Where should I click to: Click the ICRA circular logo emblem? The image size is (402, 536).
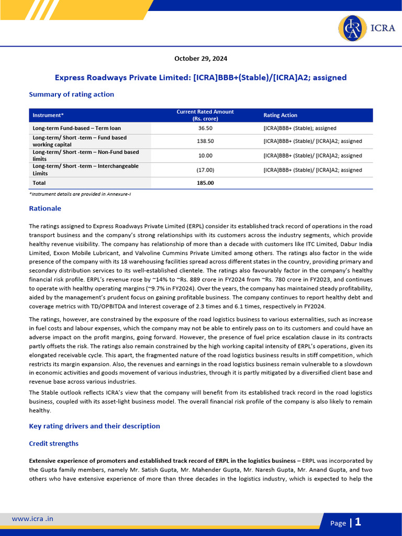[x=352, y=28]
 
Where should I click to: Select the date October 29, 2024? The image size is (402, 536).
[x=201, y=59]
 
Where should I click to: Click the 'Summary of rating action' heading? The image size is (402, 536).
[x=71, y=94]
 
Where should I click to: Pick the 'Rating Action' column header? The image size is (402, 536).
[x=280, y=115]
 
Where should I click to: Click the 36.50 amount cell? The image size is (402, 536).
[x=205, y=128]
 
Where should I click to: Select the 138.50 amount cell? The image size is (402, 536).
[x=205, y=141]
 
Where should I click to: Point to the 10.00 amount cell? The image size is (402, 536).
[x=205, y=155]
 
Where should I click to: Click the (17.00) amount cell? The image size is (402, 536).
[x=205, y=170]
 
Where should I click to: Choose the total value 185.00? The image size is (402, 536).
[x=205, y=183]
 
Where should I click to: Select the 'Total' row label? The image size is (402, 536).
[x=39, y=183]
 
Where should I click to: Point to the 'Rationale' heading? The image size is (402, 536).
[x=45, y=208]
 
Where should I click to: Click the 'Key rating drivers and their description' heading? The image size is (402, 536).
[x=94, y=426]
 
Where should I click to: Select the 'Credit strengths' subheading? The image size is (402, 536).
[x=53, y=443]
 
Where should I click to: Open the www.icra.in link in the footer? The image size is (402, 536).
[x=32, y=519]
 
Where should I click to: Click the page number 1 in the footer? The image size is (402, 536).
[x=358, y=522]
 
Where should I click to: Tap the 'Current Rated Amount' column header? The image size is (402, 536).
[x=205, y=115]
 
